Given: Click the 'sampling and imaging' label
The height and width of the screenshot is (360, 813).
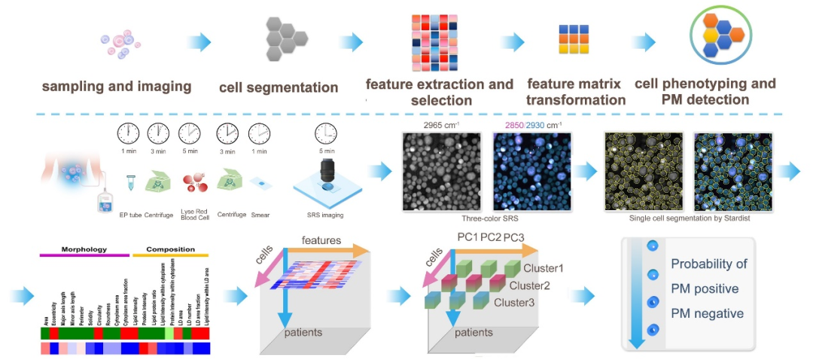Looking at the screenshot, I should point(116,86).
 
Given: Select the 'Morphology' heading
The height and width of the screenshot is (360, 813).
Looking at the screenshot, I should point(84,249).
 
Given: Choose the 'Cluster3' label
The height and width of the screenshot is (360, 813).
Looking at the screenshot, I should point(516,302).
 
